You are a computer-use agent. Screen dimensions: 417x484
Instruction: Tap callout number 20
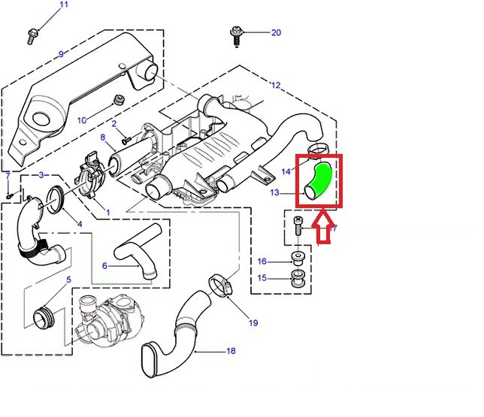pos(276,32)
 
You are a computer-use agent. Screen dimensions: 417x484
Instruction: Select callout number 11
pos(63,5)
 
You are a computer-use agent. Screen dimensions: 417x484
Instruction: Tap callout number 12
pos(275,86)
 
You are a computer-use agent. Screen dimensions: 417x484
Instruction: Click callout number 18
pos(231,351)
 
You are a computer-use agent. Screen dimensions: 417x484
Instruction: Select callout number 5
pos(69,280)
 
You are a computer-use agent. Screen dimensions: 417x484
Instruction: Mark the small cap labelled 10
pos(117,100)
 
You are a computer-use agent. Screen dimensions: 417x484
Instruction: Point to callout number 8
pos(103,137)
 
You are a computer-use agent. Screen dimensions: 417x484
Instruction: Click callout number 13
pos(275,193)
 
